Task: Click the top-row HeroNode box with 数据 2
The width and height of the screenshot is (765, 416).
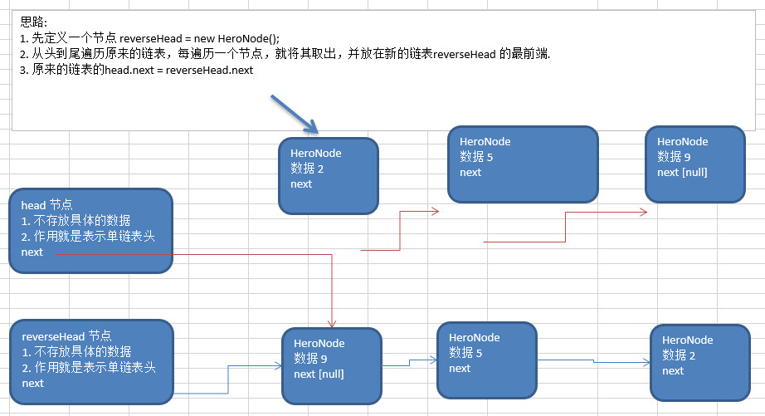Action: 329,176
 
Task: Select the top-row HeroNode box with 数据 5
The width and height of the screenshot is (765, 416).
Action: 522,164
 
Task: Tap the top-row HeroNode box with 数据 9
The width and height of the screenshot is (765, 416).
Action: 693,164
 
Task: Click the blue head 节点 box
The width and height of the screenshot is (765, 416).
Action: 90,230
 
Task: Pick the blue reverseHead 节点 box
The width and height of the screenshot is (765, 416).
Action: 91,360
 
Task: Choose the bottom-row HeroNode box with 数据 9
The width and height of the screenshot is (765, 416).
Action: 331,365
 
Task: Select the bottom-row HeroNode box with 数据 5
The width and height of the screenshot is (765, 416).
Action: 486,359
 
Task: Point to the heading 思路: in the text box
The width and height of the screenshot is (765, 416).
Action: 34,22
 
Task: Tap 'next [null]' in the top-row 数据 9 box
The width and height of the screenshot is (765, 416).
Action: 682,172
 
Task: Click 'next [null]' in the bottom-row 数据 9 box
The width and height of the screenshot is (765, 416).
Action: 319,374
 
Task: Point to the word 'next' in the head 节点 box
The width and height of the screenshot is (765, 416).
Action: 32,252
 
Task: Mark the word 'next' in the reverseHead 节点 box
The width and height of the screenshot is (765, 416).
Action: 33,383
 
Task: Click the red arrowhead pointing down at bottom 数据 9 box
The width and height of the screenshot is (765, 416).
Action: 332,322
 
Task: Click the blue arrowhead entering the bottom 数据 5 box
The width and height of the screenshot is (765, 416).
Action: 433,360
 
